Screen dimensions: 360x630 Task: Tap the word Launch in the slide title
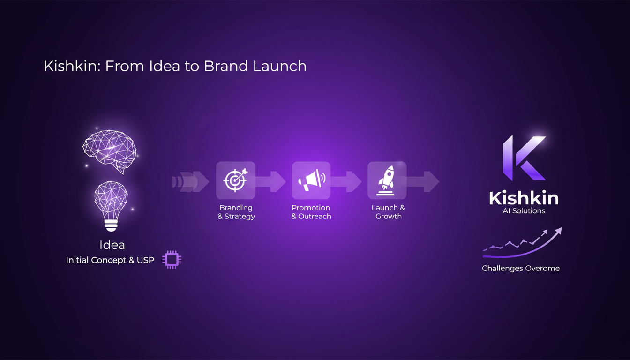click(280, 66)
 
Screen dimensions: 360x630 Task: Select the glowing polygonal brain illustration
click(109, 150)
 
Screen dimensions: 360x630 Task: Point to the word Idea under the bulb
click(112, 245)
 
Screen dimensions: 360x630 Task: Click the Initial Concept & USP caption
click(110, 260)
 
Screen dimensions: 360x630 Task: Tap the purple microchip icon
click(172, 260)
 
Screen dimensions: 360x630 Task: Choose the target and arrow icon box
click(235, 180)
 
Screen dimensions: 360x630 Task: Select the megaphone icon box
click(311, 180)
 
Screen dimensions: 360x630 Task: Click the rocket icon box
click(387, 180)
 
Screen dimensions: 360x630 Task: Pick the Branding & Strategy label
click(236, 212)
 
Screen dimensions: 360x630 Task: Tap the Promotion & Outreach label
click(311, 212)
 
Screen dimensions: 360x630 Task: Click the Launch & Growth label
click(388, 212)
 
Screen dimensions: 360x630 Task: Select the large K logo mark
click(524, 158)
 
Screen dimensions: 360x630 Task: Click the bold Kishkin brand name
click(524, 198)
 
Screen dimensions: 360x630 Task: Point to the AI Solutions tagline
click(524, 211)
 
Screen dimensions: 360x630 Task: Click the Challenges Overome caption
click(521, 269)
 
